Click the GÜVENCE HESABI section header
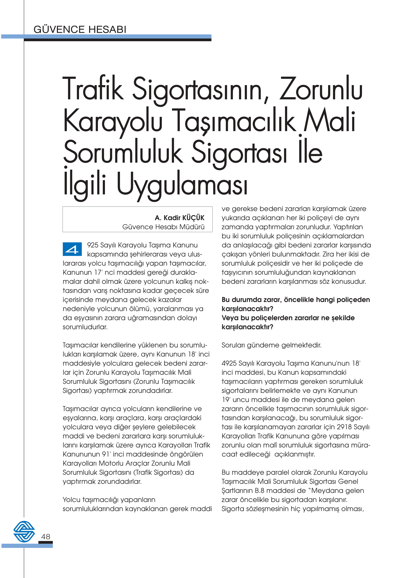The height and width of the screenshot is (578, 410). (80, 30)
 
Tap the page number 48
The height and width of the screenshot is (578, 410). (46, 537)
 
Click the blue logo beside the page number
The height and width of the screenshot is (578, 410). (24, 531)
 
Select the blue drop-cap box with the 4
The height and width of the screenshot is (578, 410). (72, 249)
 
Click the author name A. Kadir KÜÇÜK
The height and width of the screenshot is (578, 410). (180, 218)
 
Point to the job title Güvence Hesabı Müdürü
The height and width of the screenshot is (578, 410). (163, 227)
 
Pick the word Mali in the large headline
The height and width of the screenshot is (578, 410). (329, 120)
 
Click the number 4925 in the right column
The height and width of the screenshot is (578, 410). (229, 363)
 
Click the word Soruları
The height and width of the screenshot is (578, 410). (233, 345)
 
